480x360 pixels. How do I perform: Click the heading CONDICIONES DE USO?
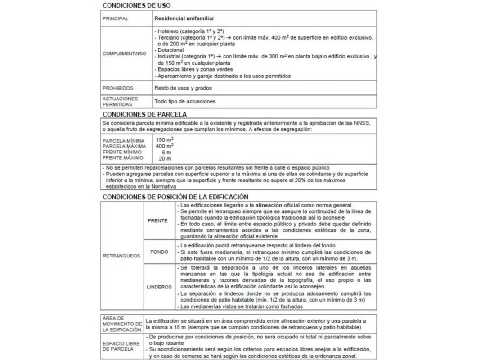tap(136, 5)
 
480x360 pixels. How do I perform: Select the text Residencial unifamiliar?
tap(184, 19)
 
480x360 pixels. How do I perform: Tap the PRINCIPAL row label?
tap(115, 19)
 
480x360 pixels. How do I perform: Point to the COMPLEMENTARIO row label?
tap(124, 54)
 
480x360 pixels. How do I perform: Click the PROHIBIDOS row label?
tap(118, 88)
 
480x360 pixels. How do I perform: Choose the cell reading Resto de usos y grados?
tap(183, 88)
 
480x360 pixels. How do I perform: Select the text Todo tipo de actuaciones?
tap(184, 101)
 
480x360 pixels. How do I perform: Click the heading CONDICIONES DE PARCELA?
tap(144, 114)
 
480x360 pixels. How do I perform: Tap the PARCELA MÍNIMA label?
tap(123, 141)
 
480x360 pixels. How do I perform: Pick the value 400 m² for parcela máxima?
tap(165, 146)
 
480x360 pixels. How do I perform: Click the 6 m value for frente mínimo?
tap(166, 153)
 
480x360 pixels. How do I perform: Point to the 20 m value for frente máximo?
tap(165, 158)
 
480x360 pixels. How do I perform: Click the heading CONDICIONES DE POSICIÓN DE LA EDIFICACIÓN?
tap(175, 197)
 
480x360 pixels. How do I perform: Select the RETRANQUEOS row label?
tap(121, 256)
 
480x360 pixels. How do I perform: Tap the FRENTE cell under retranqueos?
tap(157, 221)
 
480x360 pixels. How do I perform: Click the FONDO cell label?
tap(159, 252)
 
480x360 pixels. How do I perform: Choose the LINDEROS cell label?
tap(159, 287)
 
